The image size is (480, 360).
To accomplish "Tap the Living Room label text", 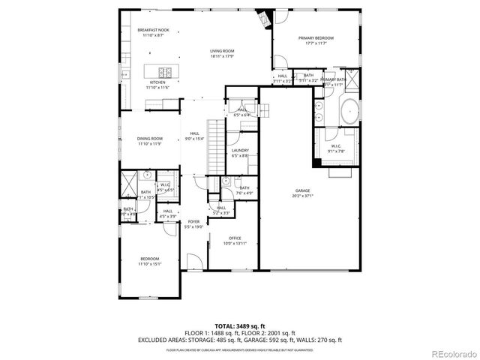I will [222, 51].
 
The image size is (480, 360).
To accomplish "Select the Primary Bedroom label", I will [315, 37].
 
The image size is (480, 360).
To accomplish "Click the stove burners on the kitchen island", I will [166, 72].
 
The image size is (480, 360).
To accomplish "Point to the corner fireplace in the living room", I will [263, 18].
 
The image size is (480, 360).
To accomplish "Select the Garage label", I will [301, 193].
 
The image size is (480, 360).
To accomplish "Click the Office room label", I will [235, 239].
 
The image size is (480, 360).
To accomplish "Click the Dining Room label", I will [150, 139].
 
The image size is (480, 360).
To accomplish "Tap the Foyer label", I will [193, 222].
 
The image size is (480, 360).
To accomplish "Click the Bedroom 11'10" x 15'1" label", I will [149, 259].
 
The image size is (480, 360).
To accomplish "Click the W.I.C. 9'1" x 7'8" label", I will [335, 147].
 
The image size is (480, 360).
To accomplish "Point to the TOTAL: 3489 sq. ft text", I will [239, 326].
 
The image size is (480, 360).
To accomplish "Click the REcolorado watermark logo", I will [451, 354].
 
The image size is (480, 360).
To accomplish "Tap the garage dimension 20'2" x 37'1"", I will [301, 197].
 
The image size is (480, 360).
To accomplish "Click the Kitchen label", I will [157, 82].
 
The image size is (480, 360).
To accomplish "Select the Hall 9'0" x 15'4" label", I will [194, 134].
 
